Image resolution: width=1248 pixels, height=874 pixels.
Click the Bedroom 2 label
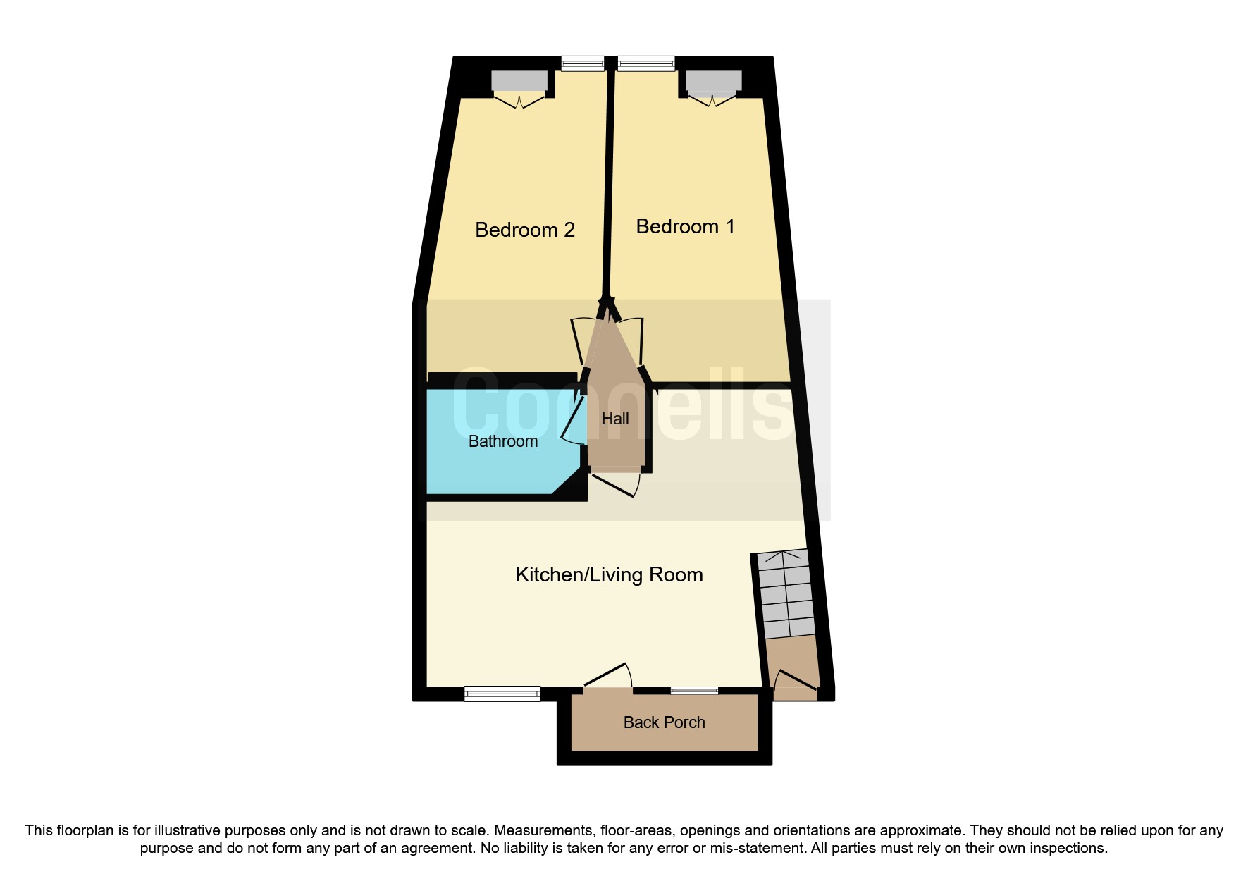pyautogui.click(x=525, y=230)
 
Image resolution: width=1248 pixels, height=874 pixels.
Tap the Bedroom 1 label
pyautogui.click(x=685, y=226)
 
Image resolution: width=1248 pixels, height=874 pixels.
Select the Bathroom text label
pyautogui.click(x=503, y=441)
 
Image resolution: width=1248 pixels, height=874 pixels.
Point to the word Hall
pyautogui.click(x=615, y=419)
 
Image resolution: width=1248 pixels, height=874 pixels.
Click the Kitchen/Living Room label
pyautogui.click(x=609, y=574)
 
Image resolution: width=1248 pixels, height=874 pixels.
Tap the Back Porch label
pyautogui.click(x=664, y=722)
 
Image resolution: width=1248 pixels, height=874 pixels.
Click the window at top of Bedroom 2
pyautogui.click(x=583, y=64)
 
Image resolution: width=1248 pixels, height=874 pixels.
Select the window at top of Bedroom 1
pyautogui.click(x=646, y=64)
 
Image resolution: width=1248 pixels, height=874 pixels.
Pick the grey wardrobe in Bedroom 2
pyautogui.click(x=519, y=81)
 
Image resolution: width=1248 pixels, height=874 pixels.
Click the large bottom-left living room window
pyautogui.click(x=502, y=694)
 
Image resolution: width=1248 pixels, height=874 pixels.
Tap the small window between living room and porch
pyautogui.click(x=694, y=691)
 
